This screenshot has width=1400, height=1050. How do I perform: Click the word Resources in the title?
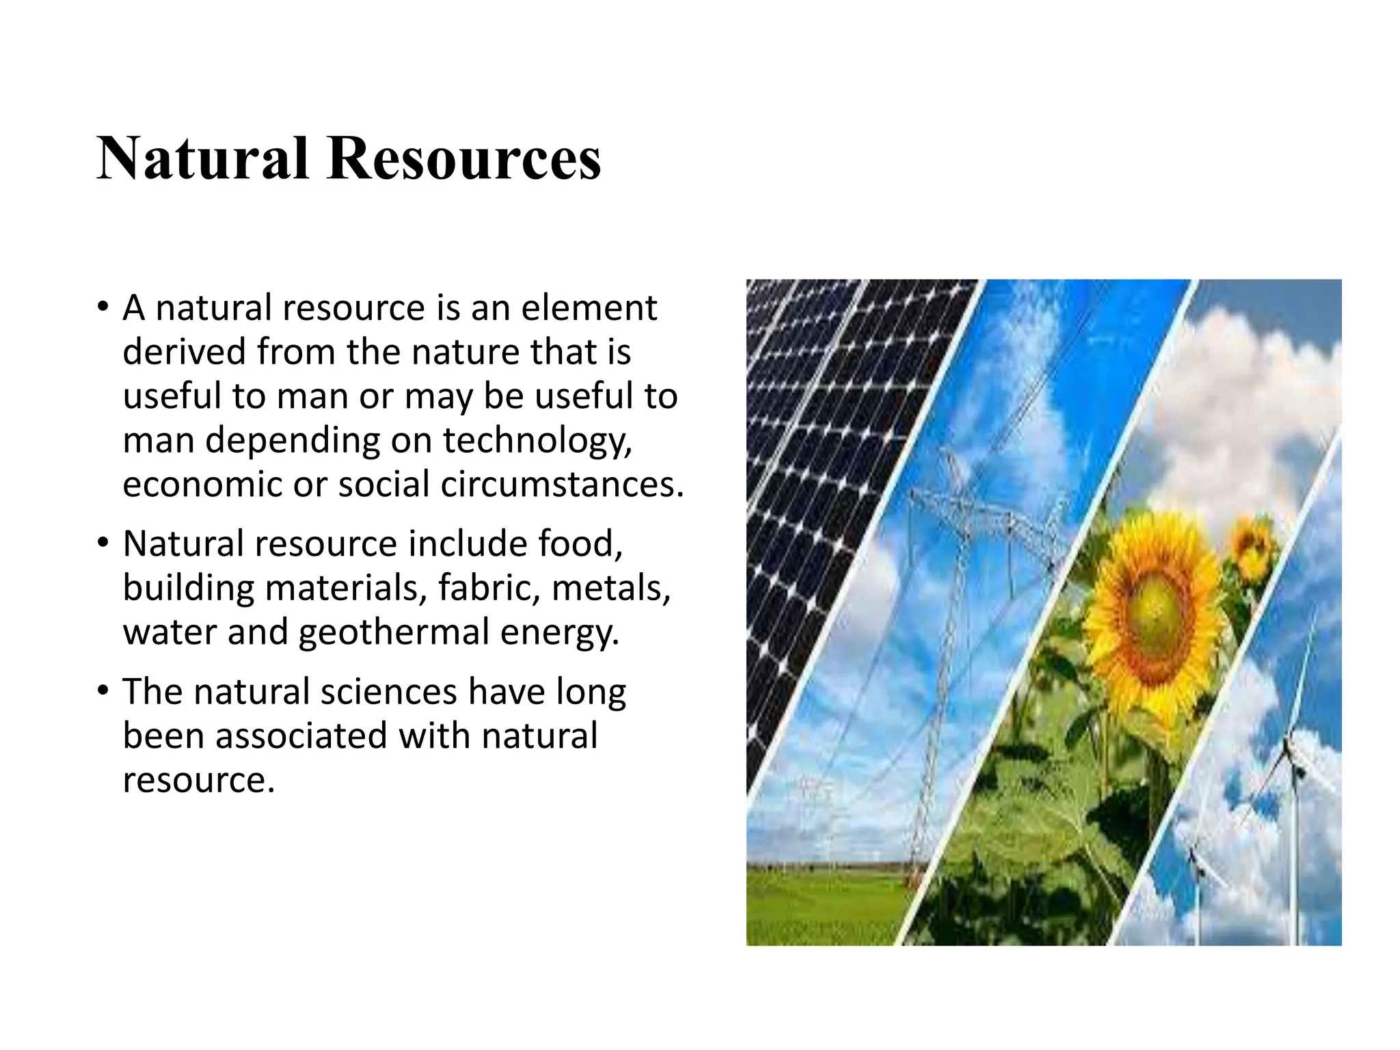tap(464, 159)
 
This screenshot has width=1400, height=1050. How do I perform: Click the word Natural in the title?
tap(202, 159)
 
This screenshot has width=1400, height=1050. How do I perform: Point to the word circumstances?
tap(561, 484)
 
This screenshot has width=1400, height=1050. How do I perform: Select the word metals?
tap(611, 587)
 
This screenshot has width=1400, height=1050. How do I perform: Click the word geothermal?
tap(394, 632)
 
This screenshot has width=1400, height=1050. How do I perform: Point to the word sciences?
tap(388, 691)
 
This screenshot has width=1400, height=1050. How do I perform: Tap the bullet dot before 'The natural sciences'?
tap(103, 690)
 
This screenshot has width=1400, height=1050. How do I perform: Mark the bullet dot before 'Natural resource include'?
tap(103, 542)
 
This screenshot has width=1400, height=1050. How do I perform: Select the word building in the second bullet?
tap(189, 587)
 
